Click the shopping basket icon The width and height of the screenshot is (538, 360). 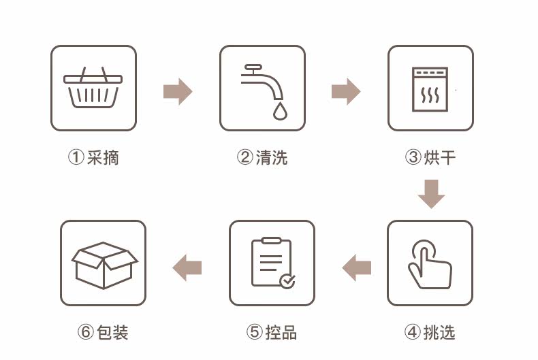[x=93, y=88]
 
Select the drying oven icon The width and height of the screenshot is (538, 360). [x=430, y=88]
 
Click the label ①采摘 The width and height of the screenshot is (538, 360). [x=93, y=158]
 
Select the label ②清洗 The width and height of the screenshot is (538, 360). [x=262, y=158]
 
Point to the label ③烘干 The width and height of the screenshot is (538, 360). [x=430, y=158]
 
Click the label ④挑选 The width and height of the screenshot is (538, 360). [x=430, y=332]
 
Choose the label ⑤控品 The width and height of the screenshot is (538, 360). [x=272, y=332]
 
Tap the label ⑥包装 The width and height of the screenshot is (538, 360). [x=104, y=332]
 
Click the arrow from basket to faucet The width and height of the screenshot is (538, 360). [x=178, y=91]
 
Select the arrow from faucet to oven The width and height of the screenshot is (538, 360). [x=346, y=91]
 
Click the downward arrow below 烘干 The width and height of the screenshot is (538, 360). [x=431, y=194]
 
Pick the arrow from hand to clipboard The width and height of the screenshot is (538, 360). [x=356, y=267]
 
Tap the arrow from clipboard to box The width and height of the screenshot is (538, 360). [x=187, y=267]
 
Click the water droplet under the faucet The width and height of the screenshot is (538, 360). [x=279, y=112]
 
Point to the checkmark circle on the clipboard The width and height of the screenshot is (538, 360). [x=287, y=280]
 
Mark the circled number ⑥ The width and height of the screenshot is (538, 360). [x=85, y=332]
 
